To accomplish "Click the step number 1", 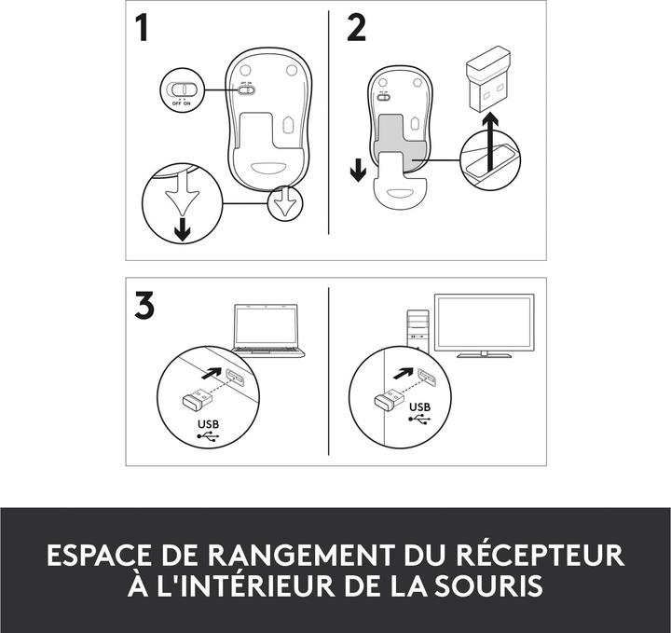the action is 142,28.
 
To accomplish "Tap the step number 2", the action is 356,28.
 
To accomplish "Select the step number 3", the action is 144,305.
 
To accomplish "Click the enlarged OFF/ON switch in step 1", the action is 183,89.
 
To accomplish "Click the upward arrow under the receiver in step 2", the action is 490,142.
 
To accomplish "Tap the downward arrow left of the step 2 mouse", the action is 358,170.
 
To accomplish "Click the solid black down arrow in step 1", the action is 183,229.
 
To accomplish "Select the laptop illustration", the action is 267,330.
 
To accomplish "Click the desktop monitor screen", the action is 484,323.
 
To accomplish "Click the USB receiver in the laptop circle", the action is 198,399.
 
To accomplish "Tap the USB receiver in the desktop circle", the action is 389,399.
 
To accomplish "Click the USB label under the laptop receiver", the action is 209,424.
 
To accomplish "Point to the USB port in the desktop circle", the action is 427,377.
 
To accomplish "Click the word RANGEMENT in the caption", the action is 300,555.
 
